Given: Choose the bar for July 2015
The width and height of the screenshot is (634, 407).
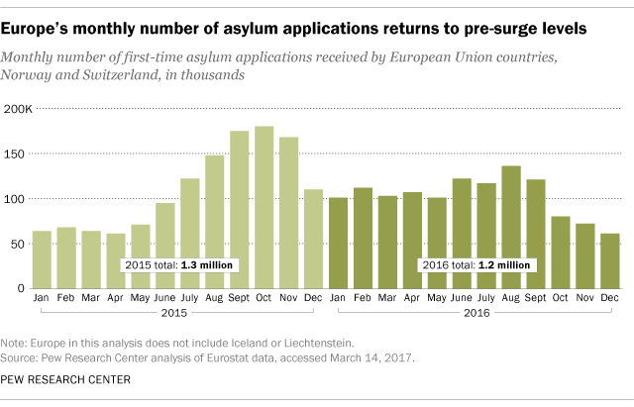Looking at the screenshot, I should tap(190, 233).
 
